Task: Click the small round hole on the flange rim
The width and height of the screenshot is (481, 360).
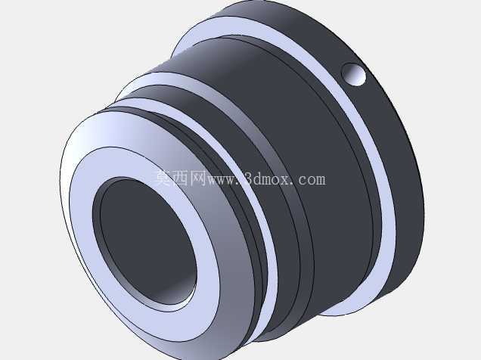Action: pyautogui.click(x=354, y=74)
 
